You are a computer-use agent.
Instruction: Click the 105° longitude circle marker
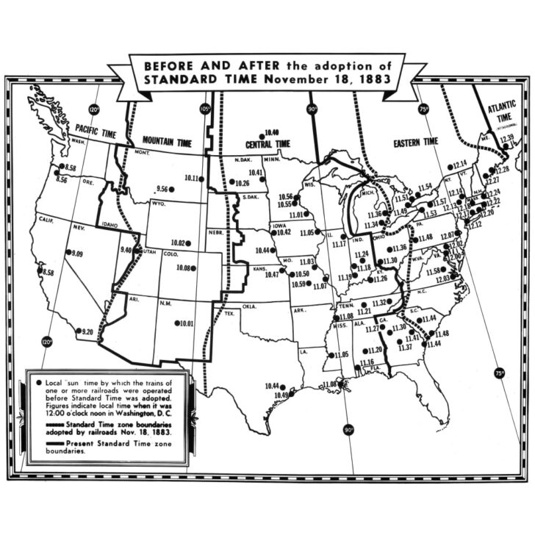pyautogui.click(x=204, y=109)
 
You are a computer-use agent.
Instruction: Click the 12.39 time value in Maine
pyautogui.click(x=506, y=138)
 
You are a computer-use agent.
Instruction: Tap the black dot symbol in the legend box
pyautogui.click(x=38, y=384)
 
